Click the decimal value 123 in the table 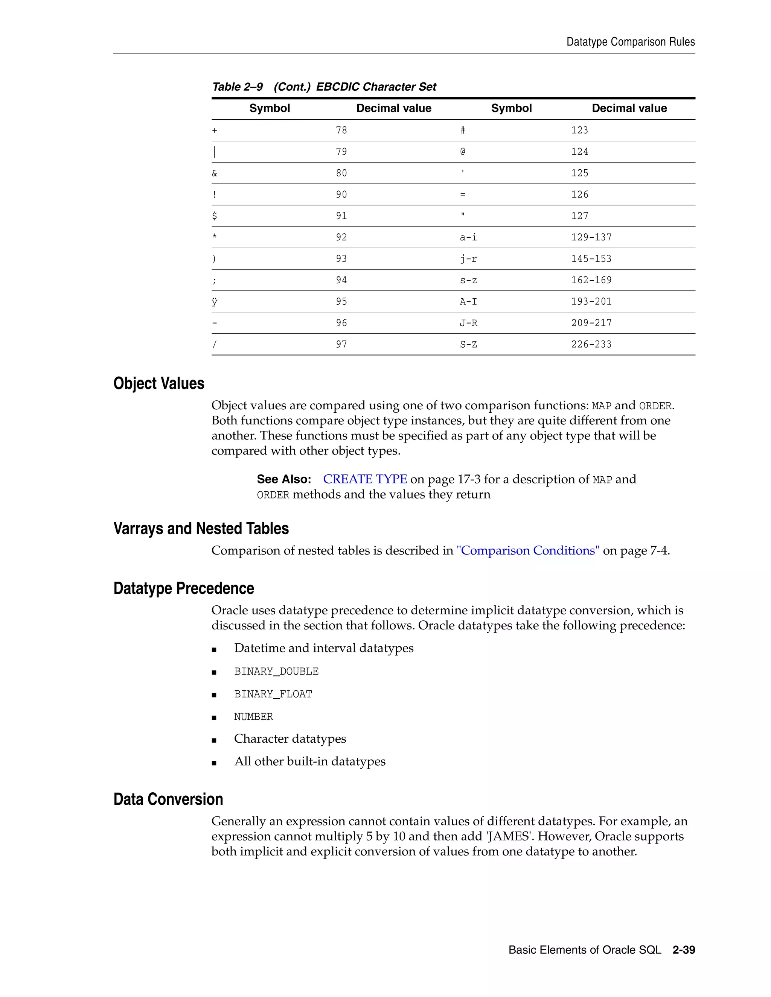(x=579, y=131)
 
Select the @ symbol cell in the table (x=463, y=152)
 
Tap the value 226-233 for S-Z (x=591, y=345)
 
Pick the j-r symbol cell (x=468, y=259)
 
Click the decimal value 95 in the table (x=341, y=302)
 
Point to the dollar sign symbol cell (x=215, y=216)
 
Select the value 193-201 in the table (x=591, y=302)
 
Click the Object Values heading (x=158, y=383)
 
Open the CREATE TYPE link (x=364, y=479)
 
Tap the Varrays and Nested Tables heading (x=201, y=529)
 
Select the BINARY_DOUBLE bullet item (x=276, y=672)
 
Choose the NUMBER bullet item (x=253, y=717)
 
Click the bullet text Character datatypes (x=290, y=739)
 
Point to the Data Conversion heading (x=168, y=799)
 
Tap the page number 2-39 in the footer (x=683, y=950)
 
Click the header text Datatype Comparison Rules (x=630, y=42)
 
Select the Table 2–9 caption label (x=238, y=87)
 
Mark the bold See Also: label (x=283, y=479)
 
